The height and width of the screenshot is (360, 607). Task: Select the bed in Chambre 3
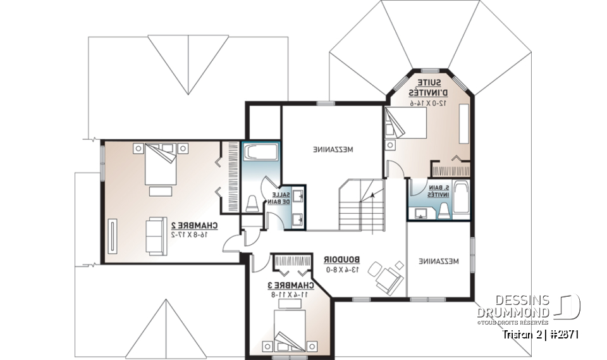(x=290, y=328)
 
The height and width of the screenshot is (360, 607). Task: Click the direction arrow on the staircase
(x=373, y=196)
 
